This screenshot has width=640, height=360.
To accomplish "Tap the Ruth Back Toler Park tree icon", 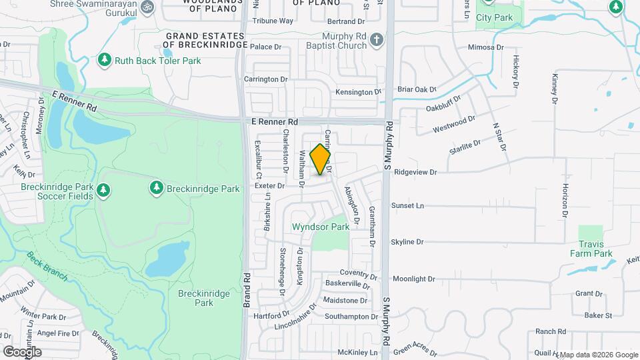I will tap(104, 61).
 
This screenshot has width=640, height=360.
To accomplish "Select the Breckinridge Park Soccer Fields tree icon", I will tap(103, 191).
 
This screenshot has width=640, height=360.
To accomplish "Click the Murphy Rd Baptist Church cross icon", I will tap(377, 40).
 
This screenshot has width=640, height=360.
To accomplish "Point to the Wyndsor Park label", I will tap(321, 227).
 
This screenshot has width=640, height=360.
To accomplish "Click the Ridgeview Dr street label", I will tap(415, 172).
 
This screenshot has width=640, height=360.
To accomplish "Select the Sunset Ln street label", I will tap(407, 206).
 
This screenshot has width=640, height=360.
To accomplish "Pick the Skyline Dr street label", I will tap(407, 242).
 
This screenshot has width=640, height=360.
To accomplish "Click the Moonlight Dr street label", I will tap(413, 279).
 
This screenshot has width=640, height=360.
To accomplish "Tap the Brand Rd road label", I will tap(247, 289).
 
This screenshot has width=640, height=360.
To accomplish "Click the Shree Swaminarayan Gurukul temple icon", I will tap(148, 7).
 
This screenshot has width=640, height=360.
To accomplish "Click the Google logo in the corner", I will tap(22, 351).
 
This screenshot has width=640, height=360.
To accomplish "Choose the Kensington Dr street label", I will tap(358, 92).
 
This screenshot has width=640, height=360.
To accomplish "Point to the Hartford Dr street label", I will tap(271, 315).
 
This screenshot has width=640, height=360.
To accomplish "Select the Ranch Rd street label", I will tap(550, 331).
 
